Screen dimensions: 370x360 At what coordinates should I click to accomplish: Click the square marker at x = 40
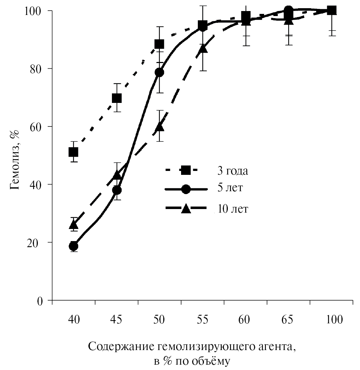click(x=73, y=152)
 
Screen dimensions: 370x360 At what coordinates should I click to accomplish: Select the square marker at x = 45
click(x=117, y=98)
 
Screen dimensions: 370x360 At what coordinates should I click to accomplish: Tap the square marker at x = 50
click(x=159, y=44)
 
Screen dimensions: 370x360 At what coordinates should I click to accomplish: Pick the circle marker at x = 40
click(x=73, y=246)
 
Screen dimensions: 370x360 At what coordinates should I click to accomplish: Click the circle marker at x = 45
click(x=117, y=190)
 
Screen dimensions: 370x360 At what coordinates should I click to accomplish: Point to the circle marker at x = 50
click(x=159, y=72)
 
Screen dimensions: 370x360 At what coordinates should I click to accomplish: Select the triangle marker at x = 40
click(x=73, y=225)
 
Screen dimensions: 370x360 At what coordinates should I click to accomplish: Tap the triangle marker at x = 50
click(x=159, y=127)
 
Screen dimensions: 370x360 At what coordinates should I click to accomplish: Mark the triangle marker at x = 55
click(x=202, y=48)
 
